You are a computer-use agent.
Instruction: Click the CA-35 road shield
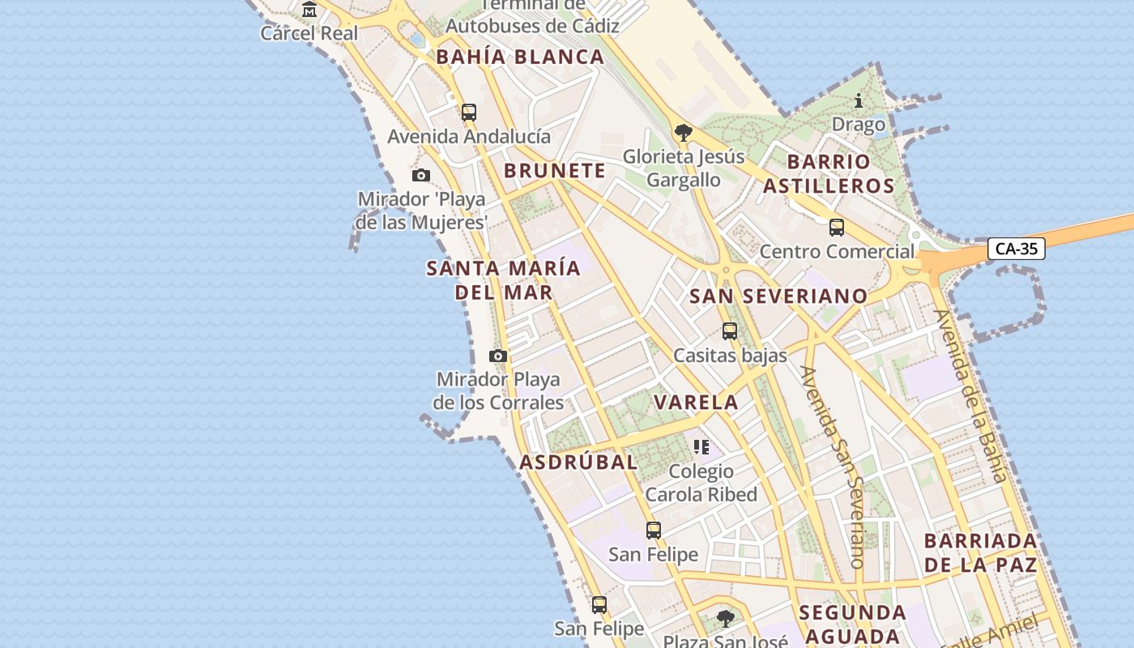click(x=1016, y=249)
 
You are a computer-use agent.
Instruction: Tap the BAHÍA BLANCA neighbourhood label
click(x=520, y=58)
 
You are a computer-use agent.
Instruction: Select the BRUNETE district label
click(x=554, y=171)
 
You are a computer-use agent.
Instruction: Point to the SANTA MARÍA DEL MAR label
click(x=504, y=280)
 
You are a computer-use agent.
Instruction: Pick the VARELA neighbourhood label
click(x=696, y=403)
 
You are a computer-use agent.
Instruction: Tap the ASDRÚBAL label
click(x=578, y=463)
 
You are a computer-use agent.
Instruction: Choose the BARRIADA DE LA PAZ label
click(x=980, y=553)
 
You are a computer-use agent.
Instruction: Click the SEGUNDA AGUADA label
click(x=852, y=624)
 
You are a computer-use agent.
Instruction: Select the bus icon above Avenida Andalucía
click(x=469, y=113)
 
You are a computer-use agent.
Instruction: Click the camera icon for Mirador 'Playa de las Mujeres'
click(x=420, y=175)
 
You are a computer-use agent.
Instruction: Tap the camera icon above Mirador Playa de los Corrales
click(x=498, y=356)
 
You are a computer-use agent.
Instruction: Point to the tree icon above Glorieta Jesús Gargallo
click(x=684, y=132)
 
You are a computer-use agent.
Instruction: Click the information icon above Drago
click(x=859, y=101)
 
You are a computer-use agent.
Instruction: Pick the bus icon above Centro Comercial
click(x=837, y=228)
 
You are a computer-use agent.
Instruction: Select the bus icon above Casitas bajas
click(x=730, y=331)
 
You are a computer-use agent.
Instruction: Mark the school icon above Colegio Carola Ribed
click(x=701, y=446)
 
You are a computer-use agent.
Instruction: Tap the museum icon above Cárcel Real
click(x=309, y=10)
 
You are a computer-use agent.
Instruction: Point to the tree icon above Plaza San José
click(x=726, y=619)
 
